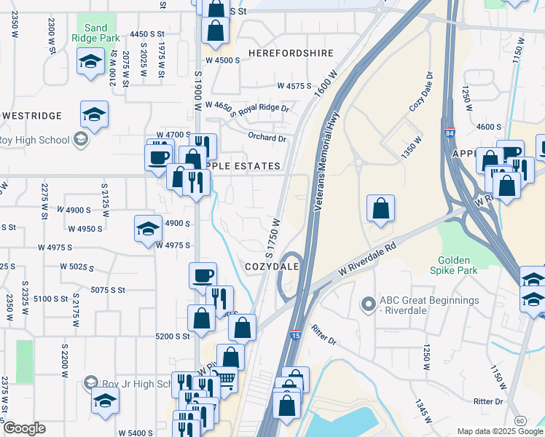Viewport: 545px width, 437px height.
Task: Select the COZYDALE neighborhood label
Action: (x=273, y=267)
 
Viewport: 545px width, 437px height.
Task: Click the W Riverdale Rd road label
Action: (x=369, y=262)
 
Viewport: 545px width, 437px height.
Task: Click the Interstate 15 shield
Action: (x=295, y=334)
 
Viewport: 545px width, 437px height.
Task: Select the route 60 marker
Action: (x=519, y=421)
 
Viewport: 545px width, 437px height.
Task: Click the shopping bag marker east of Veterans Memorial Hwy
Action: (x=380, y=208)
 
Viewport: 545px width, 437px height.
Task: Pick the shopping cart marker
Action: (x=225, y=379)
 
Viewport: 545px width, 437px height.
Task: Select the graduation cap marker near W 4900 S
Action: (x=148, y=229)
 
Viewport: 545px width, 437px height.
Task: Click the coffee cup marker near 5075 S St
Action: (x=203, y=275)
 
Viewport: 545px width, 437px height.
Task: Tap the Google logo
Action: (x=24, y=428)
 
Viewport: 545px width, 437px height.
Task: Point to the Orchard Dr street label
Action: (x=267, y=138)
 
